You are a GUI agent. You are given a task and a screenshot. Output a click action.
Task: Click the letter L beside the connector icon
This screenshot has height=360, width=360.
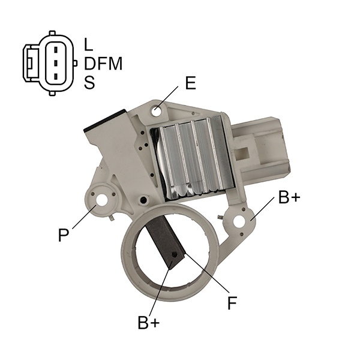tap(88, 44)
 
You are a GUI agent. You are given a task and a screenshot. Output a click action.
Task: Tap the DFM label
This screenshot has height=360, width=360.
tap(103, 64)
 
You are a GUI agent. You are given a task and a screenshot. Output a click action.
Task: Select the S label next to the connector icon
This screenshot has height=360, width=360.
tap(89, 83)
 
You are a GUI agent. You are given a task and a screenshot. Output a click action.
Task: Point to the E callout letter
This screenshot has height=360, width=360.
tap(190, 83)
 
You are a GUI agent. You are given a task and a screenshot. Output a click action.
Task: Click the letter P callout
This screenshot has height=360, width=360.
tap(64, 235)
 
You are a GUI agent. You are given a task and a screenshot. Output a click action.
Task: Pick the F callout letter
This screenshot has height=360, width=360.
tap(232, 302)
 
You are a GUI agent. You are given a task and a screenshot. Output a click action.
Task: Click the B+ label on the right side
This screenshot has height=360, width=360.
tap(289, 197)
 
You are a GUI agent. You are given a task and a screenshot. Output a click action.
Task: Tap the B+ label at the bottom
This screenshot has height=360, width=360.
tap(149, 322)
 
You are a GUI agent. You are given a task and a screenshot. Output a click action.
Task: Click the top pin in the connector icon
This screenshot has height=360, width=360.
tap(56, 49)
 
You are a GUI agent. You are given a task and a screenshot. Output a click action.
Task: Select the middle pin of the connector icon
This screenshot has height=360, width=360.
tap(56, 63)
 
